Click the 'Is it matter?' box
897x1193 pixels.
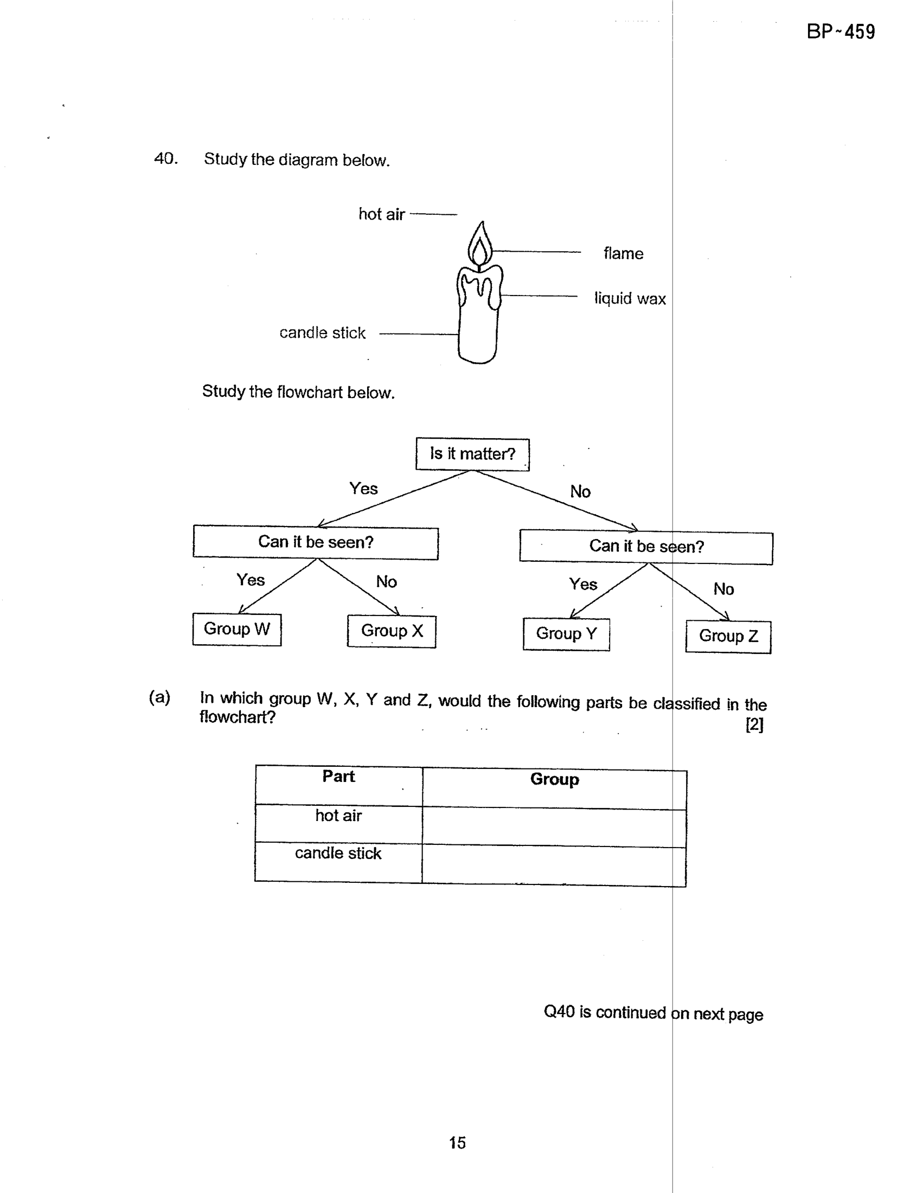(472, 454)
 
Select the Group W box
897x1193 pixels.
(237, 629)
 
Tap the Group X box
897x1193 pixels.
(392, 631)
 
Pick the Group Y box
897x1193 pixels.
(566, 634)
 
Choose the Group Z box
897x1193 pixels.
(728, 637)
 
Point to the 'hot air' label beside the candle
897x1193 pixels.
(382, 214)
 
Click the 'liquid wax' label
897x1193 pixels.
(630, 298)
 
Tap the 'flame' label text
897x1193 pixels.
(624, 253)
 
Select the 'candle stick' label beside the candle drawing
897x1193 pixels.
(323, 332)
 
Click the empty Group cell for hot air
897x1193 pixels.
(554, 825)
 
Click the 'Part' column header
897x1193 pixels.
(338, 777)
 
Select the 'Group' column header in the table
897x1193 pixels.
(554, 780)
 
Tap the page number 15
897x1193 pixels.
(457, 1143)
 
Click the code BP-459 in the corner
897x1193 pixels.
(841, 32)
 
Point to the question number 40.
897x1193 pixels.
(166, 158)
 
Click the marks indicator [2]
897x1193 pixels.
(754, 724)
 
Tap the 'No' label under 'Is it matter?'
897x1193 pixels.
(580, 492)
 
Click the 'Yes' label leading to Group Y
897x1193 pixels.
(583, 584)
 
